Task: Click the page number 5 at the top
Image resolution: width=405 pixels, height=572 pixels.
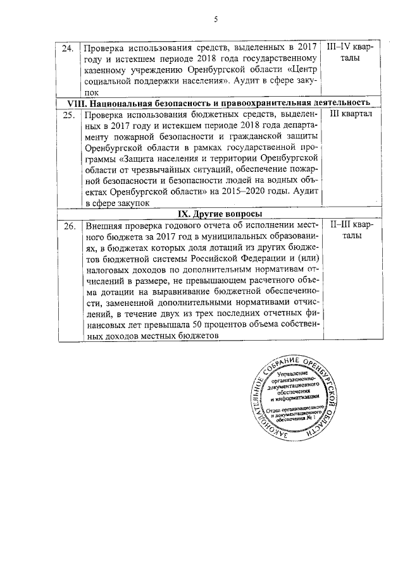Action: tap(216, 20)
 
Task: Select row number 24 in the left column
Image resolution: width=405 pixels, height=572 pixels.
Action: tap(68, 48)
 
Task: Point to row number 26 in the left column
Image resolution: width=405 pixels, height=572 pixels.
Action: tap(68, 226)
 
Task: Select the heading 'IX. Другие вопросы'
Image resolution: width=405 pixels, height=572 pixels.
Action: tap(218, 214)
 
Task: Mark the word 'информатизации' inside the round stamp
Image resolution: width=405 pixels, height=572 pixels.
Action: tap(298, 399)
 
